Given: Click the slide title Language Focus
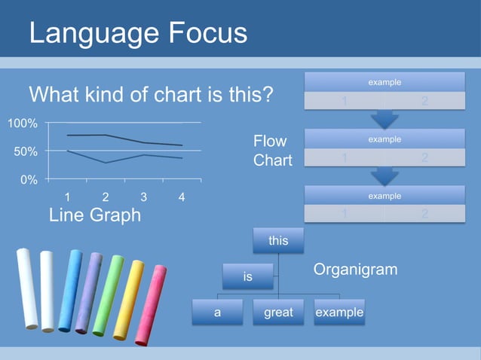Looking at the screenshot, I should click(x=138, y=33).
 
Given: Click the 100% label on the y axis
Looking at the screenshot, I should click(x=23, y=124).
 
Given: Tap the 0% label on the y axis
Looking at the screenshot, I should click(x=29, y=180).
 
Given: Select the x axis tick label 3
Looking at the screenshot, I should click(x=143, y=197).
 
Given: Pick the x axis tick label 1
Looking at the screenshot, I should click(x=68, y=197).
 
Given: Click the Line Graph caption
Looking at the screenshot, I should click(x=94, y=215).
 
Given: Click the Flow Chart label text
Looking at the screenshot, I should click(x=272, y=151).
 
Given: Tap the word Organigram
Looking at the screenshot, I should click(x=354, y=270).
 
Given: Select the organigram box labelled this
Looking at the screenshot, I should click(x=278, y=241).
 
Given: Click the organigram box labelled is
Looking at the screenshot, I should click(x=247, y=277).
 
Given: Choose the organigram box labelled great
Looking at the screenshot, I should click(x=278, y=313).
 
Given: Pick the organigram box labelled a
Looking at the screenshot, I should click(x=217, y=313).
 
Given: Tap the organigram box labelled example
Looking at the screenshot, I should click(x=339, y=313).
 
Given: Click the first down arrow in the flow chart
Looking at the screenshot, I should click(x=384, y=118).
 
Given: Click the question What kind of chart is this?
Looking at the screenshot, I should click(x=151, y=96).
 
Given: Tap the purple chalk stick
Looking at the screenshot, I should click(x=88, y=291).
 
